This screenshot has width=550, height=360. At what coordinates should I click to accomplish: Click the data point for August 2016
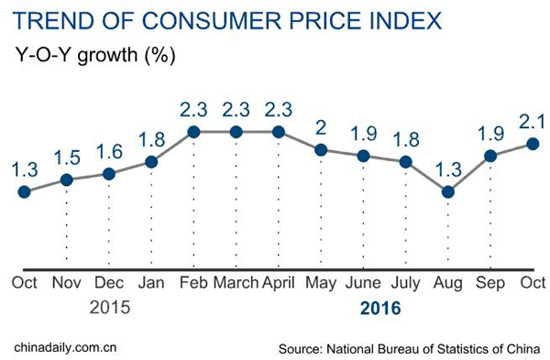pyautogui.click(x=447, y=192)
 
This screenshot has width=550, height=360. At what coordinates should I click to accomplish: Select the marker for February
pyautogui.click(x=194, y=132)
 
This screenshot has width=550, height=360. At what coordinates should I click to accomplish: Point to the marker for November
pyautogui.click(x=66, y=180)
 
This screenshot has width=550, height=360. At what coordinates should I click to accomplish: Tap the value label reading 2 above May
pyautogui.click(x=320, y=125)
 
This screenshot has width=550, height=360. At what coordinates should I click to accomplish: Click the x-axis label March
pyautogui.click(x=236, y=282)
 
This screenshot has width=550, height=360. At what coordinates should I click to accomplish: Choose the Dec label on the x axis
pyautogui.click(x=108, y=282)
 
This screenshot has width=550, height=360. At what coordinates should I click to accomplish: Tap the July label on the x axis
pyautogui.click(x=405, y=282)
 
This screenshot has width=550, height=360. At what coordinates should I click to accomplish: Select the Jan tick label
pyautogui.click(x=151, y=282)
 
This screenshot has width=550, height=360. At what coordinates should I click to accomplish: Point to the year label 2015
pyautogui.click(x=109, y=309)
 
